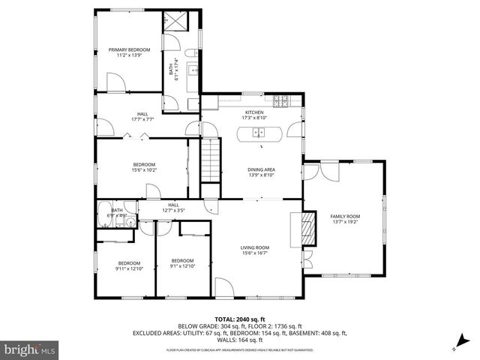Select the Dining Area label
pyautogui.click(x=262, y=172)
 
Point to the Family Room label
pyautogui.click(x=346, y=219)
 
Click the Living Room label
pyautogui.click(x=254, y=250)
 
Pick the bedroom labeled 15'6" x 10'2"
pyautogui.click(x=144, y=167)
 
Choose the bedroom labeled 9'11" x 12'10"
pyautogui.click(x=129, y=265)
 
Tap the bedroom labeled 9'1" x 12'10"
pyautogui.click(x=182, y=262)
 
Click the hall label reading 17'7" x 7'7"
pyautogui.click(x=142, y=116)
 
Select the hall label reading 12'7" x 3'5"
pyautogui.click(x=172, y=207)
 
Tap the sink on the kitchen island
pyautogui.click(x=259, y=134)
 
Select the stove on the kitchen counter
pyautogui.click(x=281, y=99)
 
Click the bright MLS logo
pyautogui.click(x=28, y=349)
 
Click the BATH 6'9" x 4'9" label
pyautogui.click(x=116, y=213)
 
